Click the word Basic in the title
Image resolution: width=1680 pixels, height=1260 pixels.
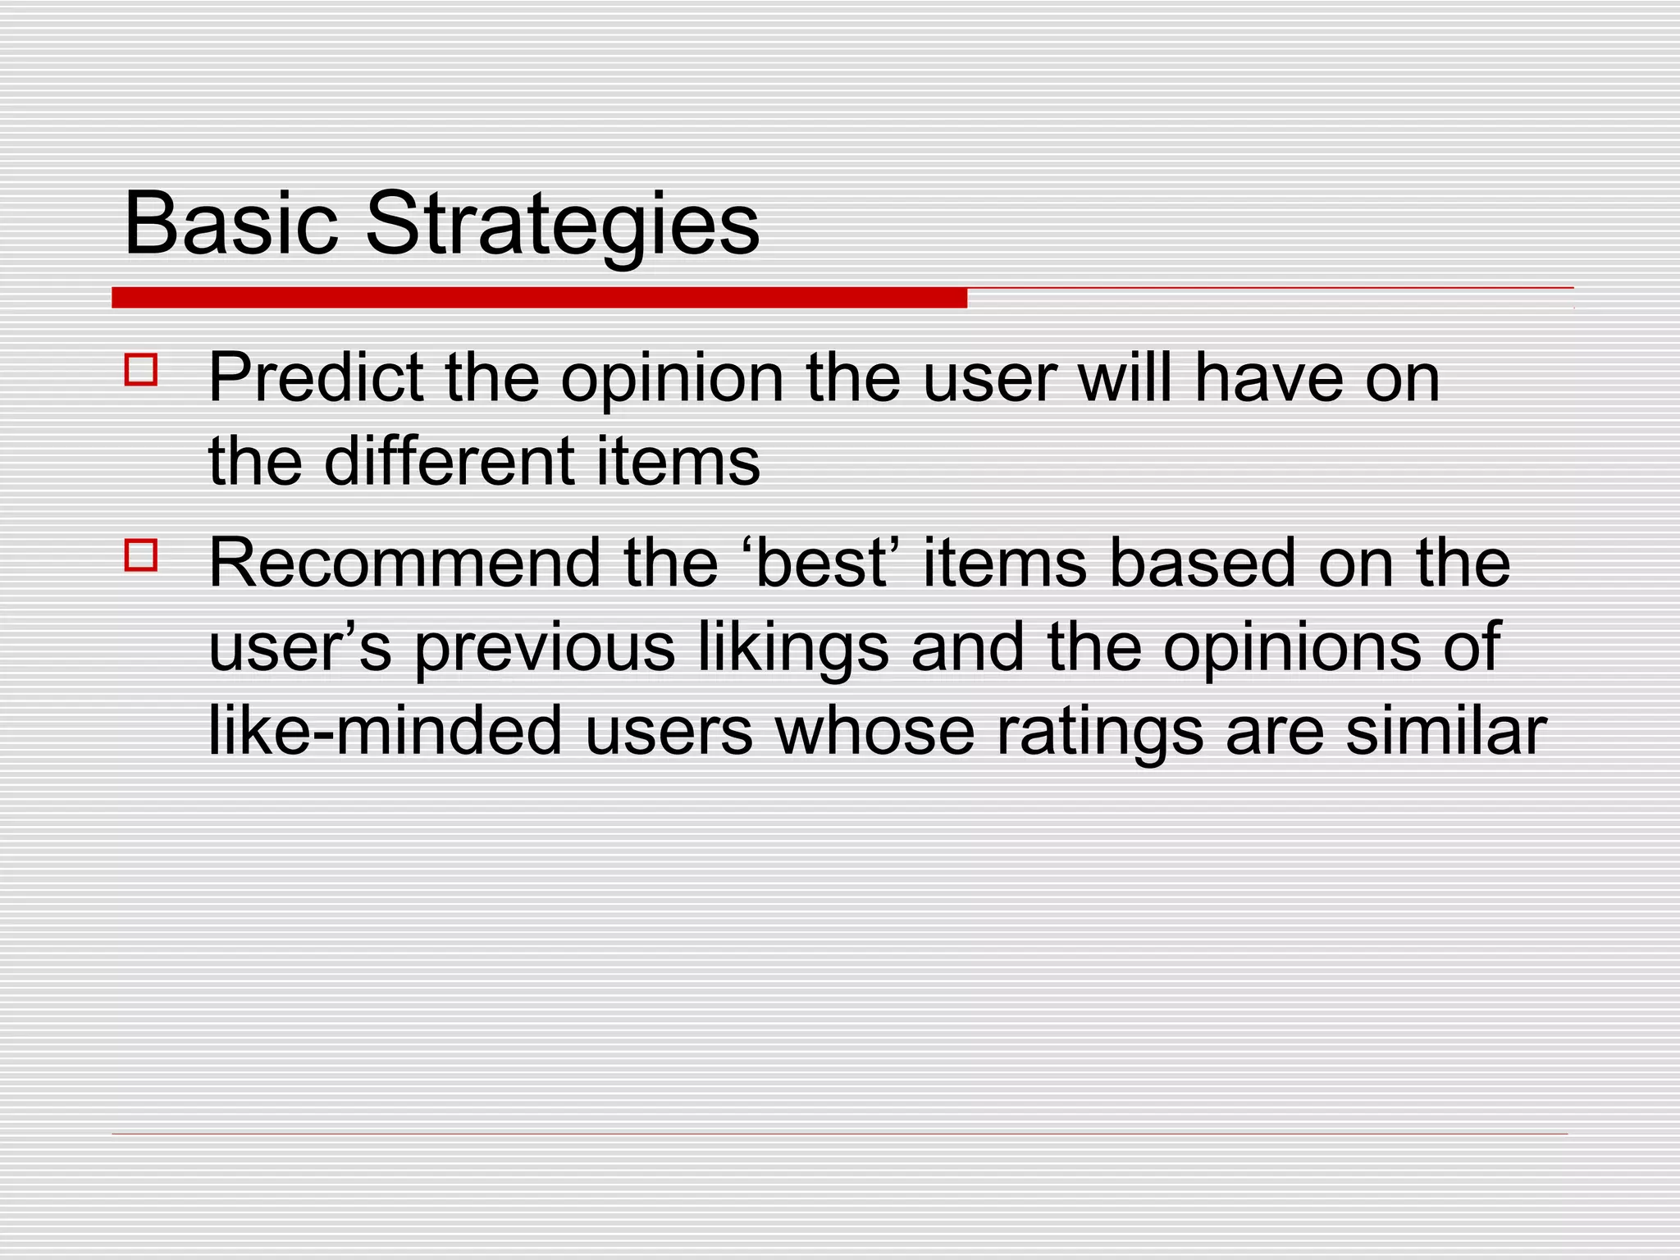click(x=231, y=224)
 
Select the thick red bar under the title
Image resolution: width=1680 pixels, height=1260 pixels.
click(x=539, y=298)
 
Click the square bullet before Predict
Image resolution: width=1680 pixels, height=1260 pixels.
click(x=141, y=370)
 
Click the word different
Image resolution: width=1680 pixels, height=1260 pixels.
click(x=449, y=461)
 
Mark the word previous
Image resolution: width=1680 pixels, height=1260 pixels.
click(x=545, y=648)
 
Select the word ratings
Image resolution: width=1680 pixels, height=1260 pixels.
click(x=1100, y=732)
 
